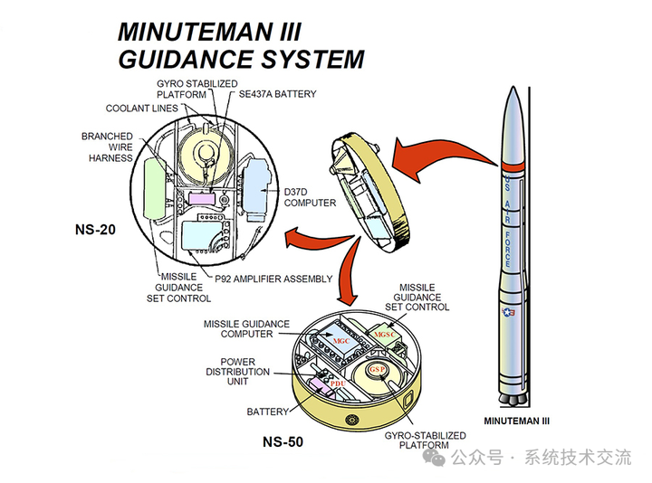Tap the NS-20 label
(x=97, y=230)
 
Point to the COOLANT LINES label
(x=141, y=109)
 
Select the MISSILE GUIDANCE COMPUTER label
(x=246, y=328)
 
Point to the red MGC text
(x=341, y=341)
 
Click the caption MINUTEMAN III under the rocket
(x=517, y=421)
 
